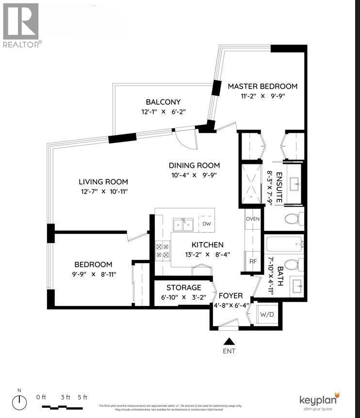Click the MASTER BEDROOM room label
[x=262, y=86]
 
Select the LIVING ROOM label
[x=103, y=182]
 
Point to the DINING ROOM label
[x=194, y=165]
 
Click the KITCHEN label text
[x=207, y=245]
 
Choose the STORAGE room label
[x=183, y=288]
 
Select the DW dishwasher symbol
[x=206, y=224]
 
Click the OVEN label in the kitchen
[x=253, y=219]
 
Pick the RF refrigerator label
[x=253, y=261]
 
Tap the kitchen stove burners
[x=162, y=250]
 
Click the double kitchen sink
[x=183, y=224]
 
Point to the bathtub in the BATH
[x=284, y=243]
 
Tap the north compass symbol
[x=20, y=402]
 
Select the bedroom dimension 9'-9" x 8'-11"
[x=93, y=274]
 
